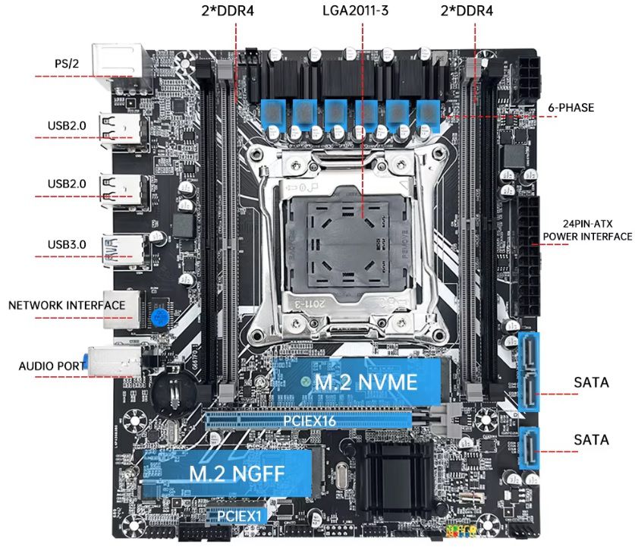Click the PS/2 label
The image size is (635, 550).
pyautogui.click(x=67, y=64)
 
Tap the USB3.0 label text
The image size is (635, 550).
pyautogui.click(x=67, y=244)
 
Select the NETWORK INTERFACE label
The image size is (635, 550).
pyautogui.click(x=67, y=305)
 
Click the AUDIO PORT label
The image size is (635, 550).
pyautogui.click(x=52, y=366)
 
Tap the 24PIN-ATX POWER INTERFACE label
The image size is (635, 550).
pyautogui.click(x=586, y=230)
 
